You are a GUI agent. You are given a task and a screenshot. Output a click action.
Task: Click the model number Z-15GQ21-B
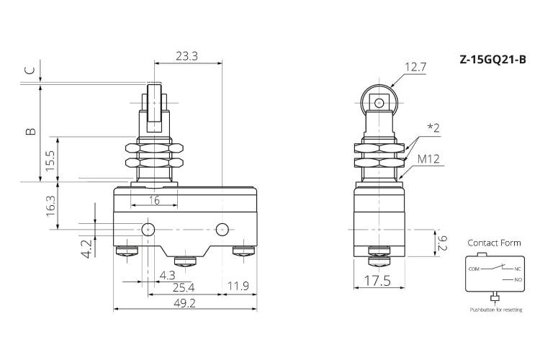point(492,60)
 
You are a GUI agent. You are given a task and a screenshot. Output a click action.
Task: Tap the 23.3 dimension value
point(186,56)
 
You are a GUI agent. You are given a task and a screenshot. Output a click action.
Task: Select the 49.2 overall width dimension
point(184,303)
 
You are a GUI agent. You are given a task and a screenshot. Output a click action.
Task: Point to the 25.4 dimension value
point(184,287)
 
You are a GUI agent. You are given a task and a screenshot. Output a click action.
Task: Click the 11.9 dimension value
point(238,286)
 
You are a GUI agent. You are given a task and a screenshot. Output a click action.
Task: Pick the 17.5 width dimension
point(377,281)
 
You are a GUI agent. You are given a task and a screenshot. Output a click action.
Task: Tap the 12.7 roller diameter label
point(415,67)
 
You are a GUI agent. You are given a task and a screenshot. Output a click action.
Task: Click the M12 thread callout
point(429,159)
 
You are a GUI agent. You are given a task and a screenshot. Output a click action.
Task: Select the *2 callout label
point(433,128)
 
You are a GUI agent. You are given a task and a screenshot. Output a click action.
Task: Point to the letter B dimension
point(31,131)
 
